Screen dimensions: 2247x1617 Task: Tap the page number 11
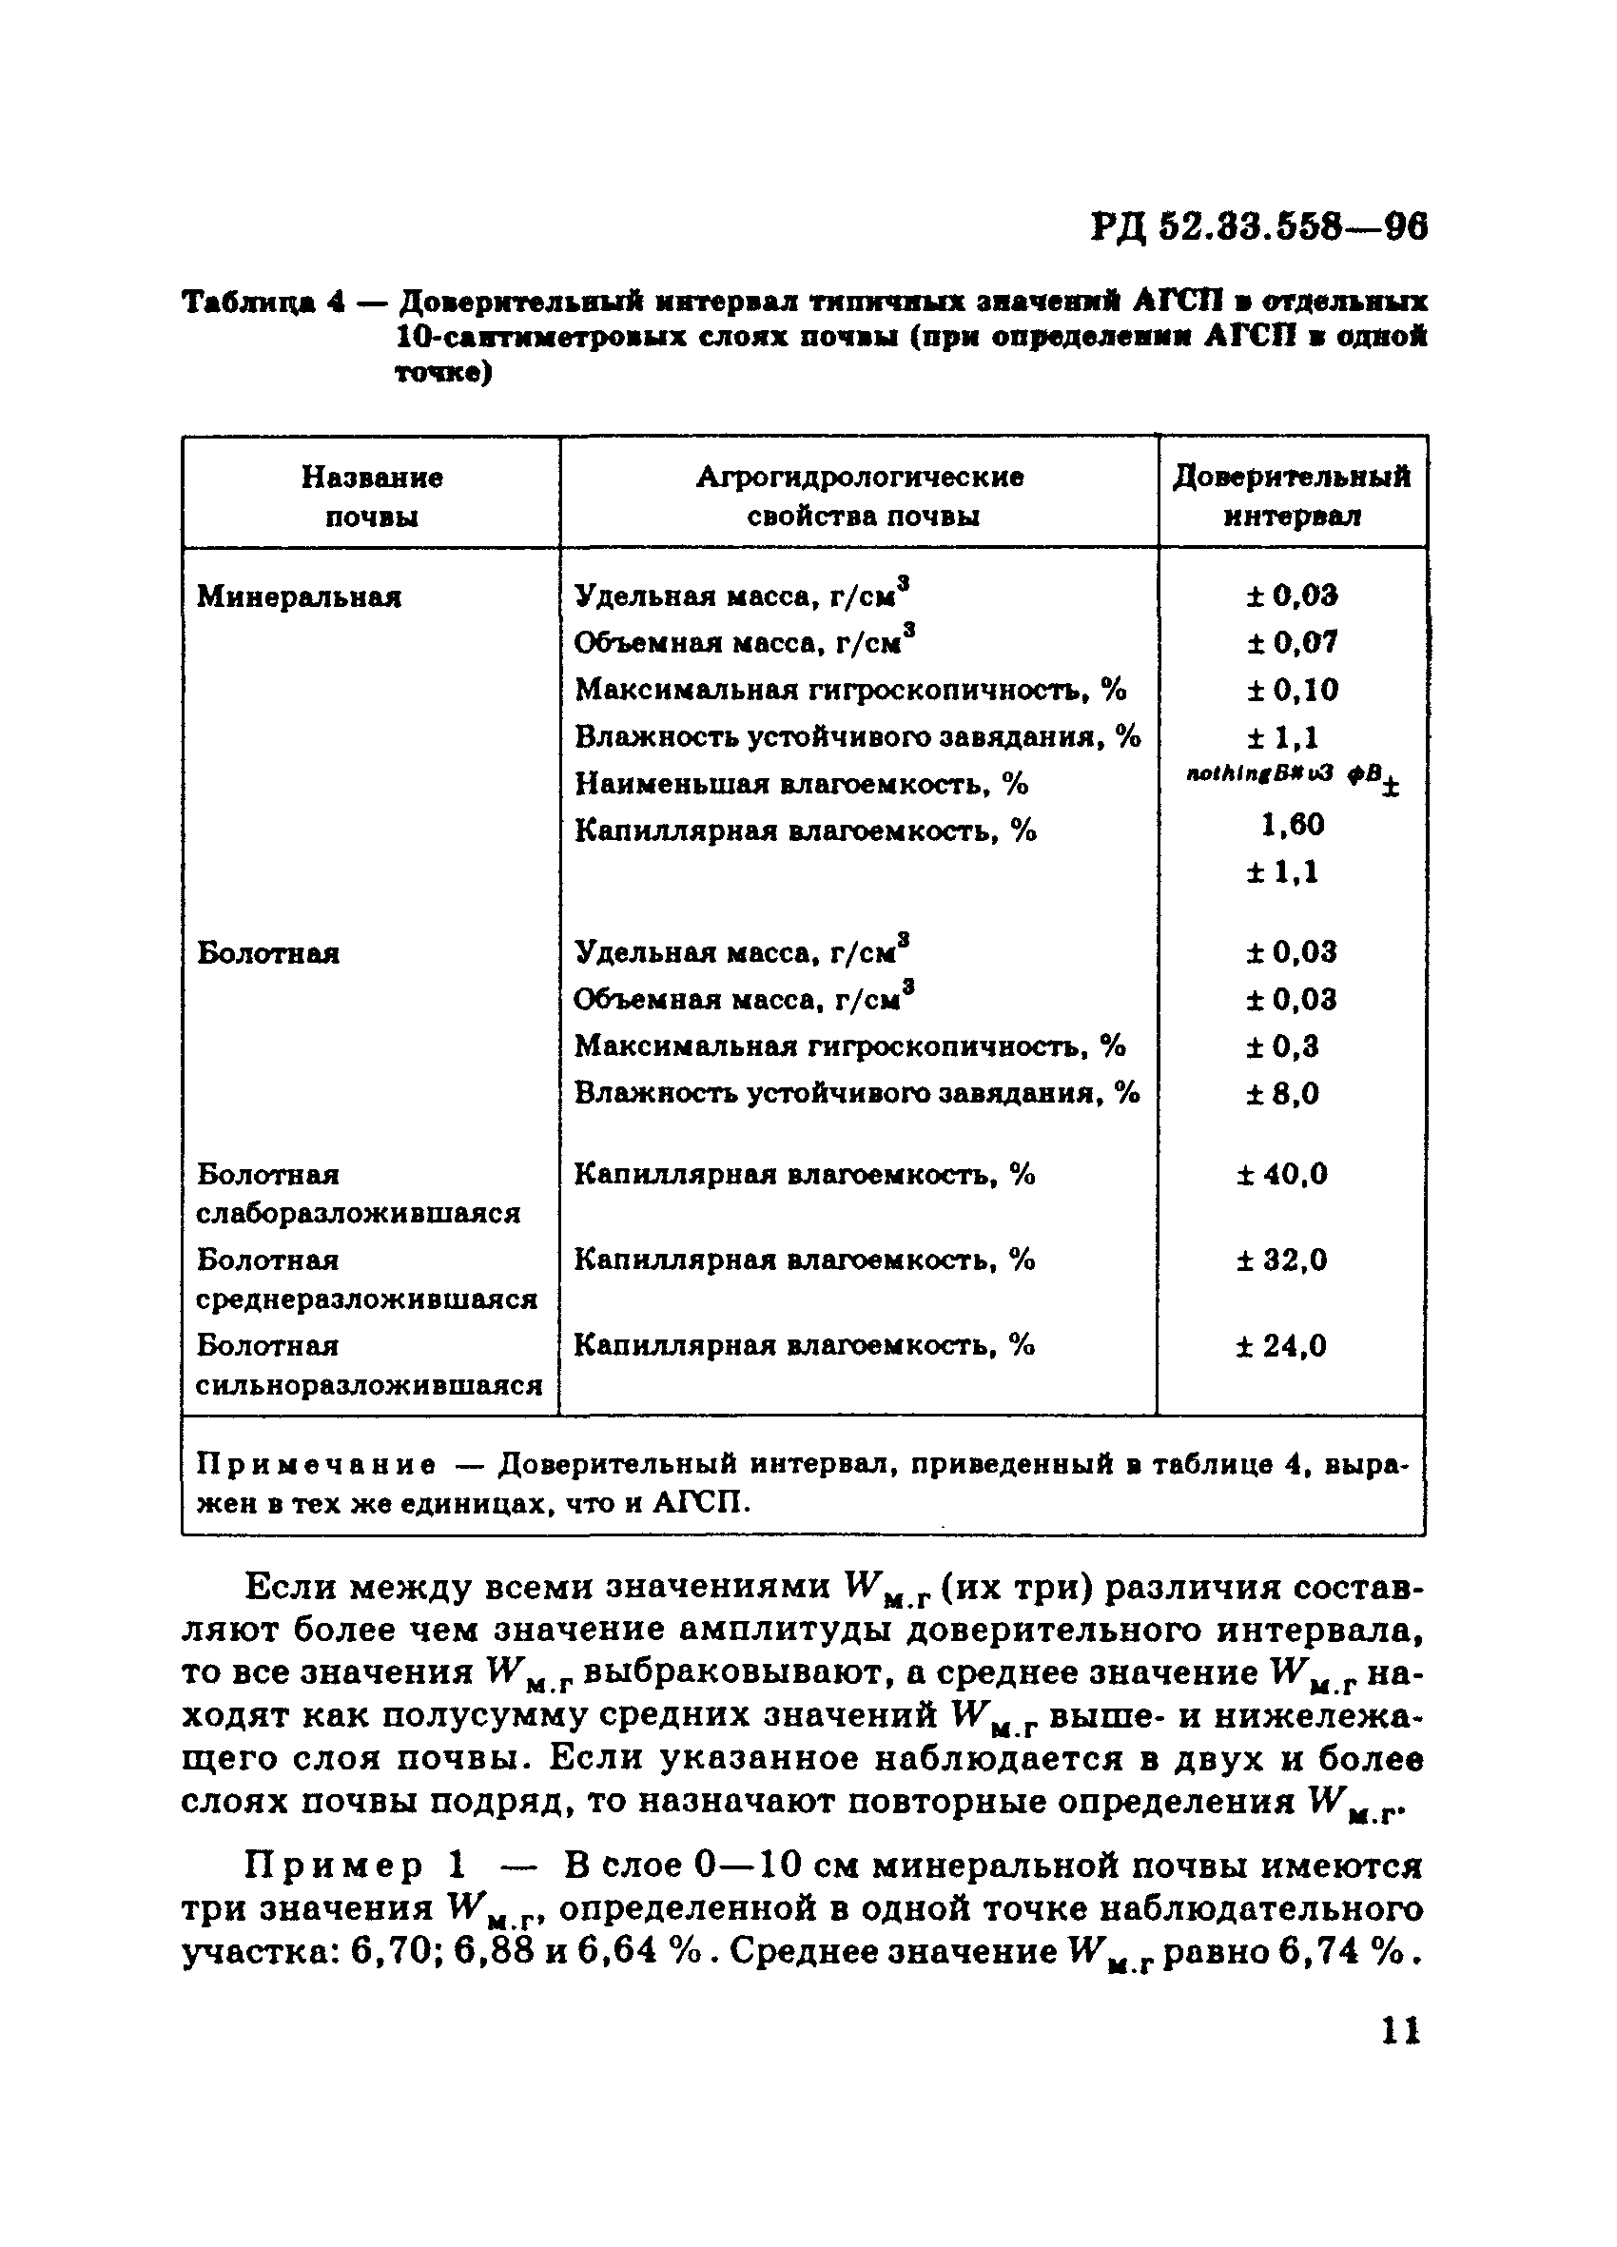tap(1399, 2031)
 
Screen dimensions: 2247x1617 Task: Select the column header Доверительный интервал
tap(1291, 497)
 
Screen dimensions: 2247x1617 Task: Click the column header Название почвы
tap(372, 497)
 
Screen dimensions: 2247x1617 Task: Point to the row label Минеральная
tap(300, 597)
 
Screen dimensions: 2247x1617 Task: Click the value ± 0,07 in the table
tap(1292, 643)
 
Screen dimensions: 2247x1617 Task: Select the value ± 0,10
tap(1292, 690)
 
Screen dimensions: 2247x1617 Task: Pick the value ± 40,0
tap(1282, 1175)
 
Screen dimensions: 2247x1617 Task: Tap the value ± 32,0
tap(1282, 1260)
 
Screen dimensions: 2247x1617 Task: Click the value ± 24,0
tap(1281, 1346)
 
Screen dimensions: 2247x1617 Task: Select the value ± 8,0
tap(1282, 1094)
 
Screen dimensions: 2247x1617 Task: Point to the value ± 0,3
tap(1282, 1047)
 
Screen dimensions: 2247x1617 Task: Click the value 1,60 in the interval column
tap(1292, 824)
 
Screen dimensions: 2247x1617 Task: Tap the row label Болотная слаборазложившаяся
tap(359, 1194)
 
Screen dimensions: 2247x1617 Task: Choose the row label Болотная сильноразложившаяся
tap(369, 1365)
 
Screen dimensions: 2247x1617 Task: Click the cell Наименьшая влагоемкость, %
tap(802, 785)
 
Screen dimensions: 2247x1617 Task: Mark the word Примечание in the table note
tap(315, 1464)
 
